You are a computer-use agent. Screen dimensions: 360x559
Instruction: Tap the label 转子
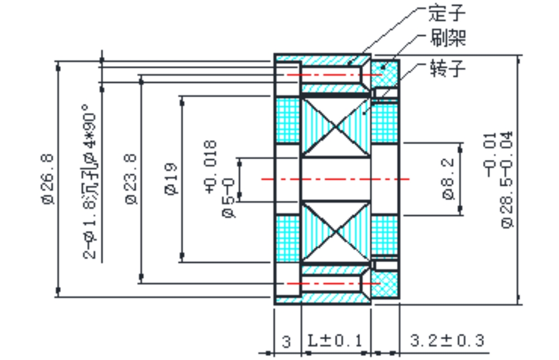click(448, 68)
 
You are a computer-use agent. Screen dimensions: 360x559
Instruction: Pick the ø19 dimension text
click(171, 178)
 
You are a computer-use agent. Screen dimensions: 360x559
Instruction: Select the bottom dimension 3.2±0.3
click(447, 340)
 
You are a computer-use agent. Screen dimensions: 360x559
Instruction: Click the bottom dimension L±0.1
click(335, 340)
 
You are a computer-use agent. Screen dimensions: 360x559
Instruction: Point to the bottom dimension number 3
click(286, 341)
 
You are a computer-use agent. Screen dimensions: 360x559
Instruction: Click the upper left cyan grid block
click(288, 120)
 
